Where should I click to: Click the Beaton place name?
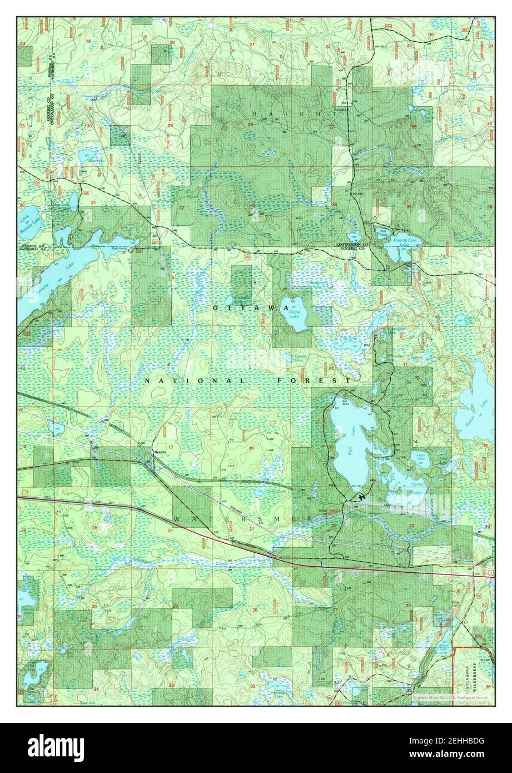click(160, 452)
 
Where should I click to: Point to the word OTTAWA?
click(243, 308)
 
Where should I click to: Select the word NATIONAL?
click(195, 381)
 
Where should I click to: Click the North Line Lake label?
click(480, 87)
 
